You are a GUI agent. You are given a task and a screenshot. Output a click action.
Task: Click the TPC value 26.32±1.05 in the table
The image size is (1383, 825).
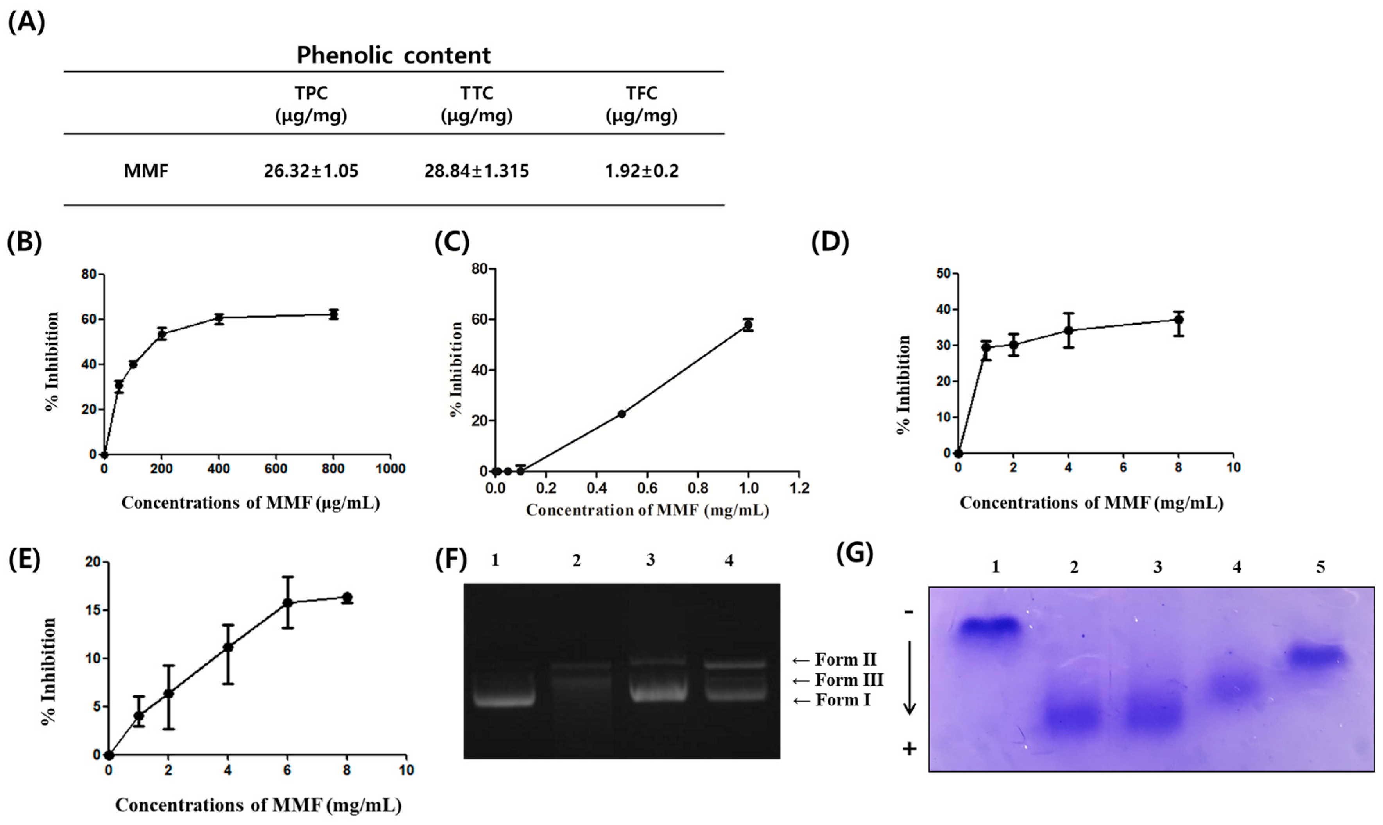coord(311,171)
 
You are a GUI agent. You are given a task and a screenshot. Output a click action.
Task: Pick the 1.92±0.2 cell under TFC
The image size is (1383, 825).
coord(641,171)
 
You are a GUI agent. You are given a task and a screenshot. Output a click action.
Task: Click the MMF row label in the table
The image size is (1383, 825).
coord(146,171)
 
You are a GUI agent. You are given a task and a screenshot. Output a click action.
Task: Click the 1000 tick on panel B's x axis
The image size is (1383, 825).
coord(390,469)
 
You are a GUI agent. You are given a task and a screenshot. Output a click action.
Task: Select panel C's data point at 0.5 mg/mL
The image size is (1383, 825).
coord(622,414)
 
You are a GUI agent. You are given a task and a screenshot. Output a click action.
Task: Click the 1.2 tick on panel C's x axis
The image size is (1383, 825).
coord(799,488)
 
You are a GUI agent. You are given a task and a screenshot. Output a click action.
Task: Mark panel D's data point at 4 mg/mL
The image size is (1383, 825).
coord(1068,330)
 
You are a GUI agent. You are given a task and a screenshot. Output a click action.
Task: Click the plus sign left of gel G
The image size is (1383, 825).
coord(909,749)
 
